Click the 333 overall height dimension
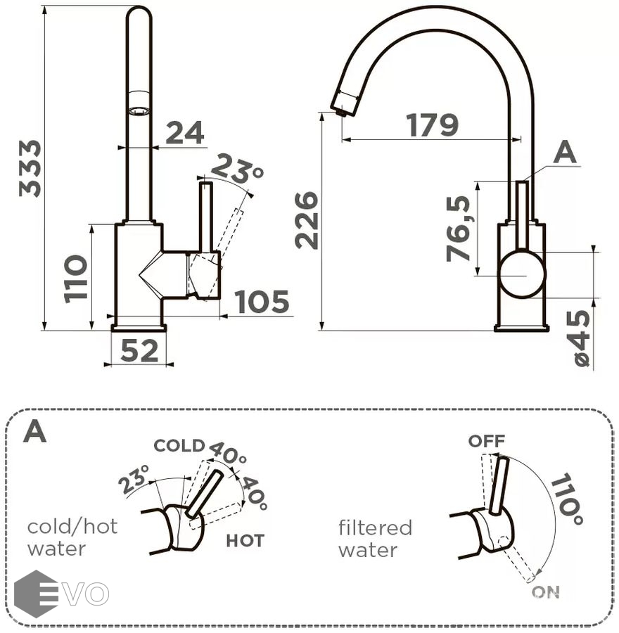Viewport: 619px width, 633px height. click(30, 168)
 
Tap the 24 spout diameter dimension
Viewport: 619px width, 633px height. click(184, 132)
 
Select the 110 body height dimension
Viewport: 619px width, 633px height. click(76, 278)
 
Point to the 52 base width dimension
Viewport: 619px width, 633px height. click(139, 350)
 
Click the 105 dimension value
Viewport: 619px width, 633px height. click(262, 302)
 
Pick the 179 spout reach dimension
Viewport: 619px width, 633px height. click(432, 125)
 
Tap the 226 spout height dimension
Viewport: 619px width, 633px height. click(307, 219)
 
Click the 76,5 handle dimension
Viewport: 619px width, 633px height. click(459, 229)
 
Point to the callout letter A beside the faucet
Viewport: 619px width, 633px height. click(564, 153)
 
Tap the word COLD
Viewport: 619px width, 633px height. click(179, 445)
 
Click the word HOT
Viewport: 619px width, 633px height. click(245, 540)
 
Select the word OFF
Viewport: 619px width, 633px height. click(487, 441)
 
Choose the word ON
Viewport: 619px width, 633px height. click(545, 592)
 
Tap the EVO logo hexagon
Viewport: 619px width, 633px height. click(35, 593)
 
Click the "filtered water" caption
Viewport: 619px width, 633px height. click(375, 538)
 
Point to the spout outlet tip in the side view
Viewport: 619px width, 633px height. click(340, 109)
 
